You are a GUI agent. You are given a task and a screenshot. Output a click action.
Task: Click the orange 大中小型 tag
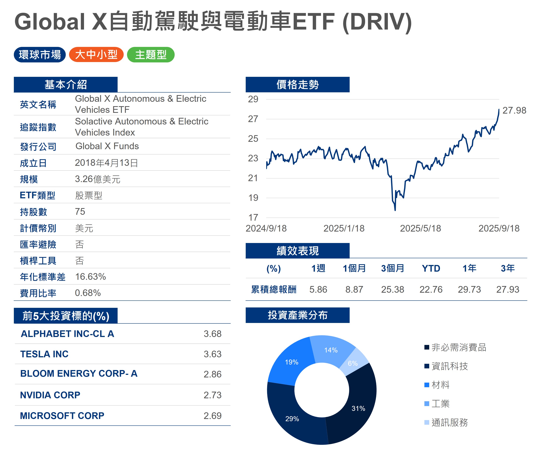coord(96,54)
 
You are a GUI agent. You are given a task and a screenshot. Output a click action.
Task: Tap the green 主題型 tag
coord(151,54)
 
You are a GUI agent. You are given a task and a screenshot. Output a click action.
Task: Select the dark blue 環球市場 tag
coord(40,54)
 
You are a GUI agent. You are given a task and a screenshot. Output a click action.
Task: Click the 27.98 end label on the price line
coord(514,110)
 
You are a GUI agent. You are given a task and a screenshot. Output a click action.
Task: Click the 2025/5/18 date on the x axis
coord(420,228)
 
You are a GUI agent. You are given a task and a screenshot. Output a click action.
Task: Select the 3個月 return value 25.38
coord(393,289)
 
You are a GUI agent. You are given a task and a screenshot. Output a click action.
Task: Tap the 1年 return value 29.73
coord(469,289)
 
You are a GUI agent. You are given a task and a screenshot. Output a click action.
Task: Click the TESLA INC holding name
coord(44,354)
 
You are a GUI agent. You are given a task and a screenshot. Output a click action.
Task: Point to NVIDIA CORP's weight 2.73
coord(212,395)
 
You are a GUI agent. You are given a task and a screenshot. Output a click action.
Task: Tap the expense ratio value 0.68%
coord(88,293)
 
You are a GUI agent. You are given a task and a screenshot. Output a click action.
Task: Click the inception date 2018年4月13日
coord(106,163)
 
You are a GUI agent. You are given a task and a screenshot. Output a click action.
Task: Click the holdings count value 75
coord(80,211)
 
